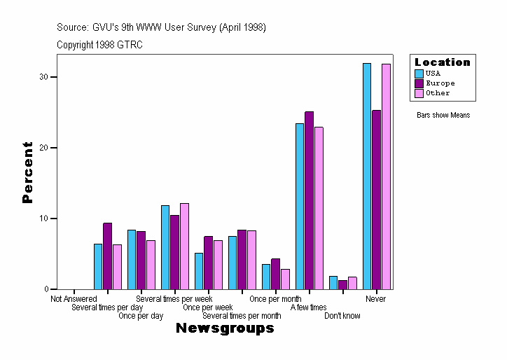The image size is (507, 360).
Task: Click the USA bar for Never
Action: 367,176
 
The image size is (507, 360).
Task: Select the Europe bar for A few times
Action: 309,200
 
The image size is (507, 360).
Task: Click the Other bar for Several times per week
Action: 184,246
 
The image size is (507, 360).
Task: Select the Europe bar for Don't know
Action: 342,284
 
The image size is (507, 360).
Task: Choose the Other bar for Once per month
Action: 285,279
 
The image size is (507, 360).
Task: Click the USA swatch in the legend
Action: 419,74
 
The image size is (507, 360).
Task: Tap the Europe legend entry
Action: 440,83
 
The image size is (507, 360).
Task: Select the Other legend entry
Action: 438,93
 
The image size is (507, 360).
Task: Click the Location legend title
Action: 443,62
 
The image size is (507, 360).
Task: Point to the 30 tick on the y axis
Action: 48,76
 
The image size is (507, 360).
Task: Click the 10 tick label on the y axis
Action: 43,219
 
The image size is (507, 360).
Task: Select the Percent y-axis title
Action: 27,172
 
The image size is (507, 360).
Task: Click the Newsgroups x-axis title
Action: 225,328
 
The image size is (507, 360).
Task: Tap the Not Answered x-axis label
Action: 74,299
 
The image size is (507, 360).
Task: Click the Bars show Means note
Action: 443,115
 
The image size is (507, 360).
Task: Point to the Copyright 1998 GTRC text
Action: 99,45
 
